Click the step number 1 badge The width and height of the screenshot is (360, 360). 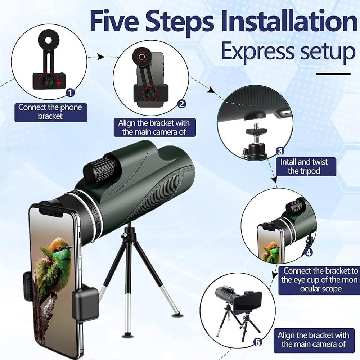[x=71, y=93]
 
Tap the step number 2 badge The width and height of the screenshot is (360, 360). [x=181, y=104]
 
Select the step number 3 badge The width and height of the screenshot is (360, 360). [x=280, y=151]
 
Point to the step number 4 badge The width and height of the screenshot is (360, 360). [x=309, y=252]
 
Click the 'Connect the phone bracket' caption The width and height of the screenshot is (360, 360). [x=51, y=112]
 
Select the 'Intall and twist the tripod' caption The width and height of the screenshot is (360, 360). [x=304, y=166]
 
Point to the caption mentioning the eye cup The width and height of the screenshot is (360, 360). [x=319, y=280]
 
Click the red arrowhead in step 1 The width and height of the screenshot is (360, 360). [x=59, y=84]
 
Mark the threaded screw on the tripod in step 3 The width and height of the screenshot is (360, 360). [x=256, y=126]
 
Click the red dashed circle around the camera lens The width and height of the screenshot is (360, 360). [x=141, y=56]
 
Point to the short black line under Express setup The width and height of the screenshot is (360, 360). [x=333, y=74]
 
